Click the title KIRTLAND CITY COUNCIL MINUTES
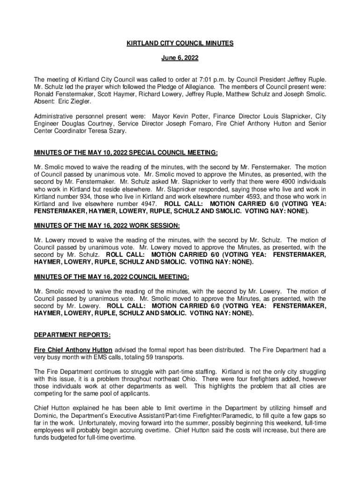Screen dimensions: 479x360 (180, 44)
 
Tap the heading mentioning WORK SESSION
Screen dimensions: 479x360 (107, 225)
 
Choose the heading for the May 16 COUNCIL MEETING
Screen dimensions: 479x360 (112, 277)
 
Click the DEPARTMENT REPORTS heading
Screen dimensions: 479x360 (72, 335)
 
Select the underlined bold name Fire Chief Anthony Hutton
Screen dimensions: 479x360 (73, 350)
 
